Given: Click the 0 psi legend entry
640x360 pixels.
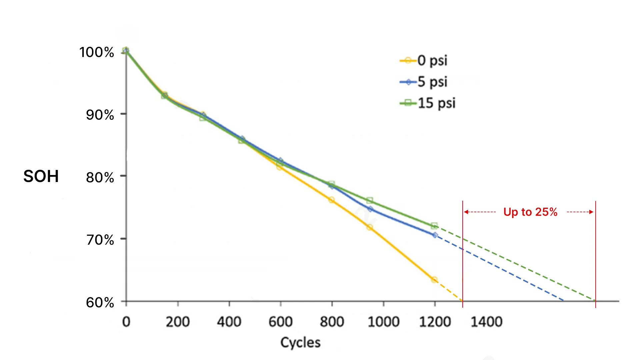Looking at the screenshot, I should (x=424, y=60).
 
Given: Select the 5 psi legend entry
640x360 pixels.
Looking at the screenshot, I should (x=424, y=82).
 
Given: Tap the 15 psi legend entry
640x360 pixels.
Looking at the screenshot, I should (x=428, y=103).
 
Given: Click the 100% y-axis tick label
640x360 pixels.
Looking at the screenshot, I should (x=97, y=52).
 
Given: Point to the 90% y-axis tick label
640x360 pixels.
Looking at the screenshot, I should (x=100, y=115).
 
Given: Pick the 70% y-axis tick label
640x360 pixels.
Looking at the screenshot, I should (x=100, y=240).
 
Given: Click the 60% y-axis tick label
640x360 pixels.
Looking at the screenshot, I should (x=100, y=303).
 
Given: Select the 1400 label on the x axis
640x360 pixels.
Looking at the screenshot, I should (x=486, y=322).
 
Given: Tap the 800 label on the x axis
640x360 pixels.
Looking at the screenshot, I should (x=332, y=322).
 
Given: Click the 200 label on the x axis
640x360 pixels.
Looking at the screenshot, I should (x=178, y=322).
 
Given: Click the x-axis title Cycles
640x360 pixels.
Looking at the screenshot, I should (x=300, y=343).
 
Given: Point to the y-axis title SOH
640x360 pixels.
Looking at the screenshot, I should (x=41, y=176).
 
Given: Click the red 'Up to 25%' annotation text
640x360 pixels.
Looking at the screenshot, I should (x=530, y=212).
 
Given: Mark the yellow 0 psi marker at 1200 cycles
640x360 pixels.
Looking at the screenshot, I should (x=434, y=280).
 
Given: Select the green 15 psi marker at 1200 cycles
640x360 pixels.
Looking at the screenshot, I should (x=434, y=226).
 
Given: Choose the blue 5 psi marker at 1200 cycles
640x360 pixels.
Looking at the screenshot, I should (x=435, y=235).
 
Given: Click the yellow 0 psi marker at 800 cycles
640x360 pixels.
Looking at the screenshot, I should (x=331, y=200).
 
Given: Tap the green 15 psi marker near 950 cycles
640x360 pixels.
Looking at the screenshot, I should (x=369, y=200).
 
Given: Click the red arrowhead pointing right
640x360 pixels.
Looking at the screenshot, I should (x=592, y=212).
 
